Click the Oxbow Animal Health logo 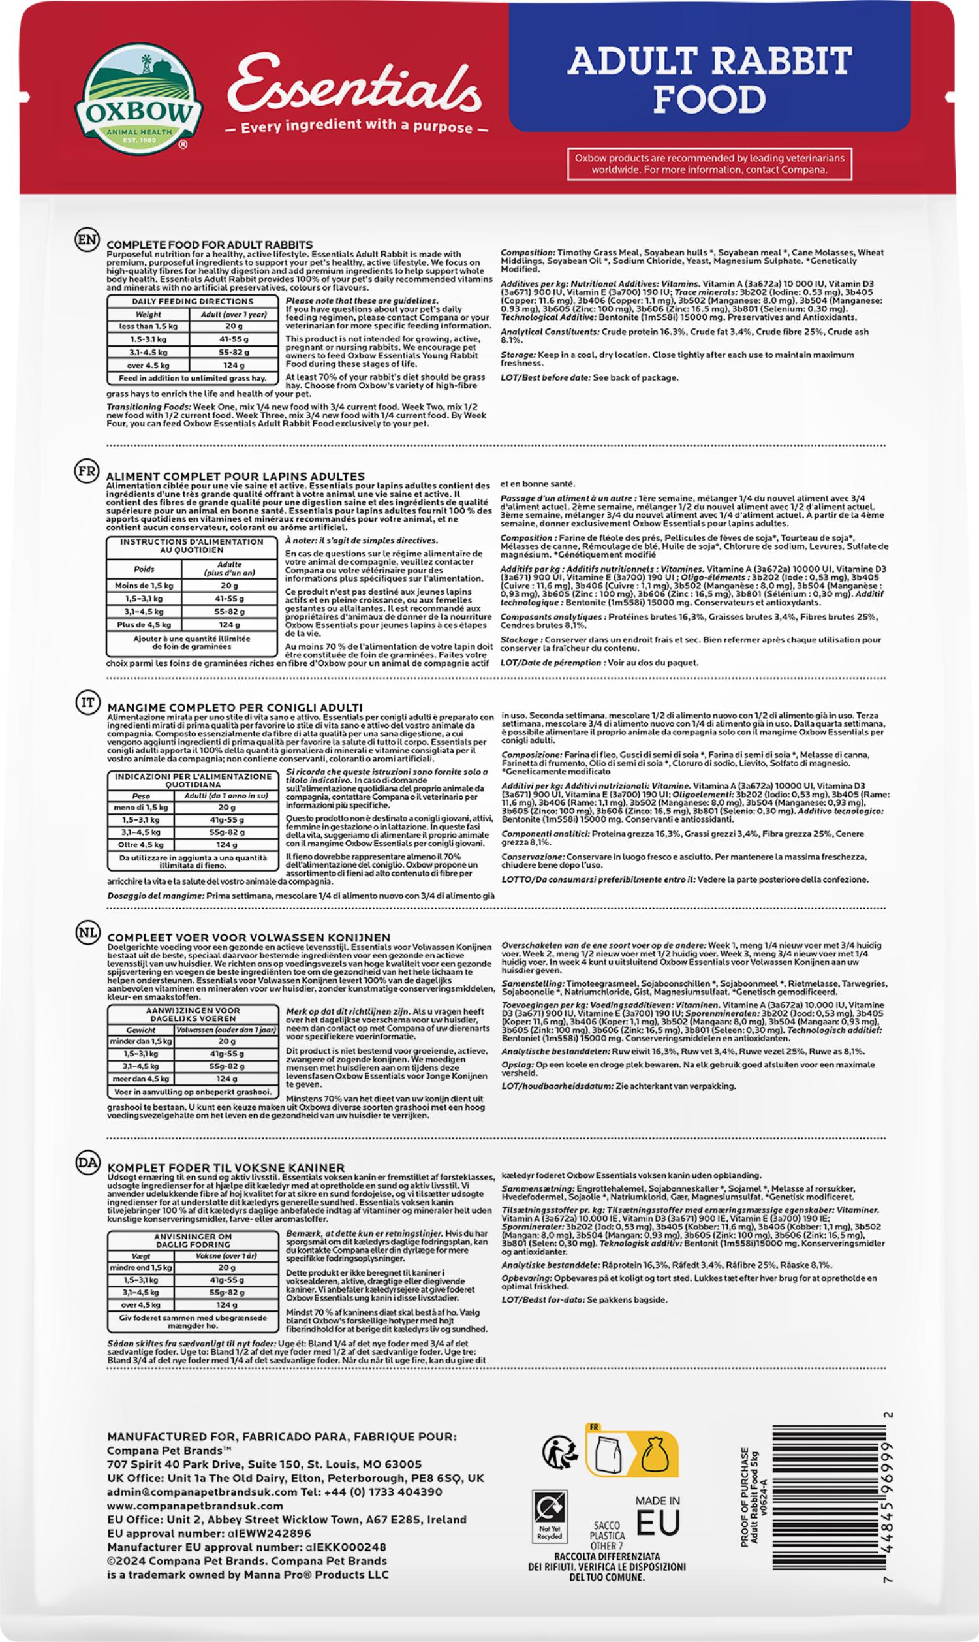pos(139,97)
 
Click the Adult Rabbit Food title pos(709,80)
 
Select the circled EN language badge pos(87,240)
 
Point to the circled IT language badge pos(87,703)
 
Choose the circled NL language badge pos(87,932)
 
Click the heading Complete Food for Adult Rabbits pos(209,245)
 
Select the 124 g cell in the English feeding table pos(234,365)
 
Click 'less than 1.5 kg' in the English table pos(148,326)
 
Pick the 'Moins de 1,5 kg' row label pos(144,585)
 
